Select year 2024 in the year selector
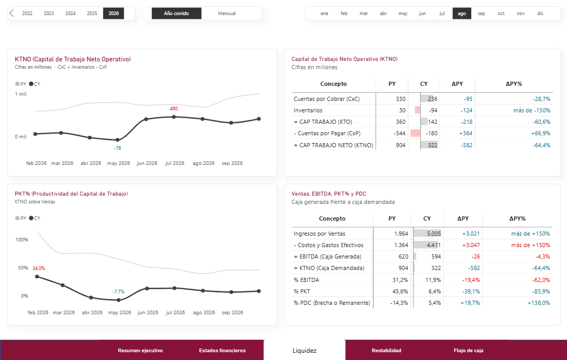(x=70, y=14)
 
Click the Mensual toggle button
(x=227, y=14)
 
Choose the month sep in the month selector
(x=481, y=14)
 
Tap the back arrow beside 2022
(x=11, y=14)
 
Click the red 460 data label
(x=174, y=109)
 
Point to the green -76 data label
(x=118, y=148)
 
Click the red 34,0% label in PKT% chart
(x=38, y=268)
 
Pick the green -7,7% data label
(x=119, y=292)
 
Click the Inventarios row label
(x=308, y=110)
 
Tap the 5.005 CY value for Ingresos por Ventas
(x=434, y=234)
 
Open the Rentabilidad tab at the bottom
(x=386, y=350)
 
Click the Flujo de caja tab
(x=469, y=350)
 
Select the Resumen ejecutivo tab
(x=140, y=350)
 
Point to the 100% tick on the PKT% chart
(x=22, y=239)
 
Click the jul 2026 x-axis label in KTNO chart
(x=175, y=163)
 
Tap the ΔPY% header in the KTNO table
(x=514, y=84)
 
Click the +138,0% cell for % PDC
(x=539, y=303)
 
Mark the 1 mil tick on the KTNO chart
(x=21, y=94)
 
